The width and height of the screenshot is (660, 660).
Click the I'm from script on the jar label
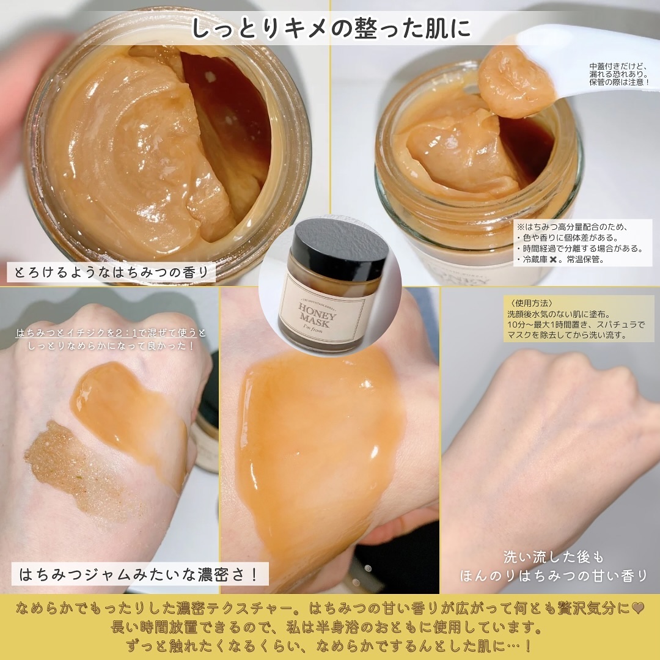point(312,329)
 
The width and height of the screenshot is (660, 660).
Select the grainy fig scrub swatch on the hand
point(76,469)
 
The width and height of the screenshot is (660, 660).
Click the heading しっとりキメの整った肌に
point(331,28)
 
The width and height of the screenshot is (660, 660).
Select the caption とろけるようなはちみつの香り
point(111,273)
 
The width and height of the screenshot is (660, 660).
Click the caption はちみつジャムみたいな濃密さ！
point(139,574)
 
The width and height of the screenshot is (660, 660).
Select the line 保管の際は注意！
point(618,82)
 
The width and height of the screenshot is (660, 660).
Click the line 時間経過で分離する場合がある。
point(580,249)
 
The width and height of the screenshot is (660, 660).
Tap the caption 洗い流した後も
point(554,557)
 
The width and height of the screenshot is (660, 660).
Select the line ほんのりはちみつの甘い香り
point(554,576)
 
